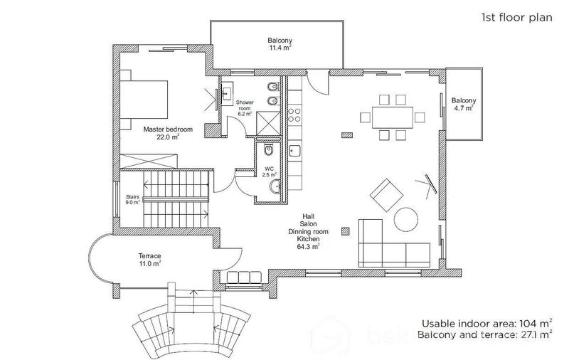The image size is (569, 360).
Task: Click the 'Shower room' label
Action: [x=245, y=107]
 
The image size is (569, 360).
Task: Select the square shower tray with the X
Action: [x=268, y=123]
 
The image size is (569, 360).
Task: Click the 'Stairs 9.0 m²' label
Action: [x=132, y=199]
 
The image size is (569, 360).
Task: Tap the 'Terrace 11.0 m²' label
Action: [x=149, y=259]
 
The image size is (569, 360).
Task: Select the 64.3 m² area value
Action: [x=308, y=247]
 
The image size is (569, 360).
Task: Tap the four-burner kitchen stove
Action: [x=295, y=114]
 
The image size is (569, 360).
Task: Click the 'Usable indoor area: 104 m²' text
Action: [x=486, y=322]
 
